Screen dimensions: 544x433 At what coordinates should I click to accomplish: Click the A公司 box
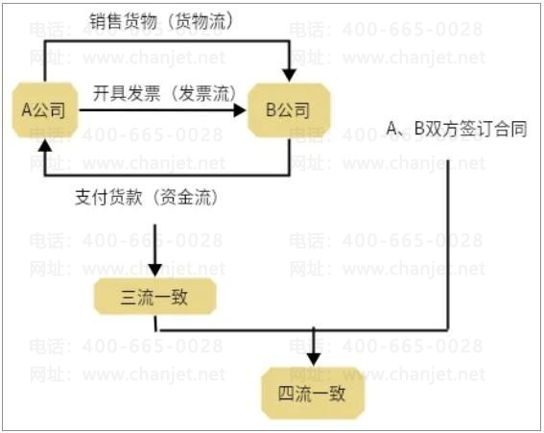click(x=44, y=110)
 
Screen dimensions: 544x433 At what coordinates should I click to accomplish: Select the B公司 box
click(x=289, y=110)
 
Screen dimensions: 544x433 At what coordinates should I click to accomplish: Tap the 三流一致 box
click(x=154, y=297)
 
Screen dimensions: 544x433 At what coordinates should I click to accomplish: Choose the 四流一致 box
click(x=313, y=393)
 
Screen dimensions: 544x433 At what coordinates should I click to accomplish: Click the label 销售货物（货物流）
click(x=161, y=21)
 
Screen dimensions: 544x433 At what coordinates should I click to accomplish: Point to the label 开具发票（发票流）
click(x=164, y=93)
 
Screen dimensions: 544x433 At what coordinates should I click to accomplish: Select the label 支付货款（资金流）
click(x=147, y=197)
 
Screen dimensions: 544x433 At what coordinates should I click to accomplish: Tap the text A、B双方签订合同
click(x=457, y=129)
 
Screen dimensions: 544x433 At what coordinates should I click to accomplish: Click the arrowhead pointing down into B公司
click(x=289, y=75)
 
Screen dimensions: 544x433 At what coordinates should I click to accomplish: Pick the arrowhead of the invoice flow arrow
click(x=240, y=110)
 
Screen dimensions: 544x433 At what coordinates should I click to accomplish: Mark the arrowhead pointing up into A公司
click(x=45, y=145)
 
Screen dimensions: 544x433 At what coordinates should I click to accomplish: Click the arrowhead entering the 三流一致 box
click(x=154, y=270)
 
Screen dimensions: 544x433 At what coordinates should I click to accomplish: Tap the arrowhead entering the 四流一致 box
click(x=314, y=359)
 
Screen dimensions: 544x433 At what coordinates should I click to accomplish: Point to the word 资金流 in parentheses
click(x=186, y=197)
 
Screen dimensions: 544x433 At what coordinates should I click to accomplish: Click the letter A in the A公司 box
click(x=27, y=109)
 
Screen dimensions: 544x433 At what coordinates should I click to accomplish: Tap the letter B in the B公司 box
click(x=271, y=109)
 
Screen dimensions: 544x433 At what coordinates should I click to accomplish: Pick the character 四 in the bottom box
click(x=287, y=394)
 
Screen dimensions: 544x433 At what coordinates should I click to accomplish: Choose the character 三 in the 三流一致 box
click(x=129, y=298)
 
